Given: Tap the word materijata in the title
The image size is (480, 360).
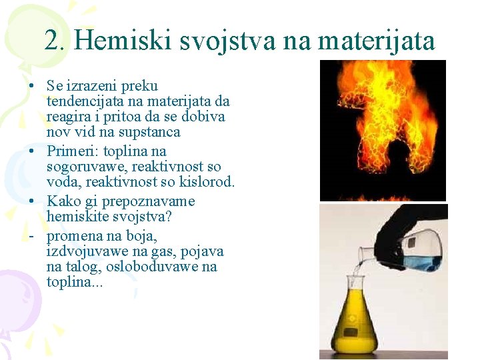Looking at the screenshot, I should [x=377, y=41].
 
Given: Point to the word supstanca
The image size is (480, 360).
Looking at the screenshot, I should [x=147, y=132].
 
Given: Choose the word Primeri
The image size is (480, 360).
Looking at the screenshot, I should [x=73, y=151].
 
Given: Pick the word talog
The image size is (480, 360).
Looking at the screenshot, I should [x=83, y=267].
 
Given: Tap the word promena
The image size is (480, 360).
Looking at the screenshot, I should [x=74, y=236].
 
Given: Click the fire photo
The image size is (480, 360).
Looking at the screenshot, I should [x=382, y=130].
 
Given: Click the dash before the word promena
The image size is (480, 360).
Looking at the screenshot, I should [x=31, y=236].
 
